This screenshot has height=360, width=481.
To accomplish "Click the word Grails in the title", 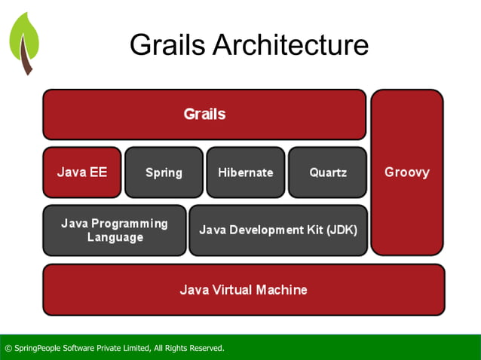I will pyautogui.click(x=167, y=45).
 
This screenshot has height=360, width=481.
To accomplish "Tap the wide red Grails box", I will pyautogui.click(x=204, y=114).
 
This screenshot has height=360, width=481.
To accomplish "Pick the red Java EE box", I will pyautogui.click(x=81, y=172).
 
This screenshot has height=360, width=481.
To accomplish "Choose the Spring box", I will pyautogui.click(x=164, y=172).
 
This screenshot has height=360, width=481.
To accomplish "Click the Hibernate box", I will pyautogui.click(x=245, y=172).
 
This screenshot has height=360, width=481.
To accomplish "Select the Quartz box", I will pyautogui.click(x=327, y=172).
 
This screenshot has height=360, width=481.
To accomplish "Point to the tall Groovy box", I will pyautogui.click(x=406, y=172).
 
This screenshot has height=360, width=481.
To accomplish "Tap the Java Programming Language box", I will pyautogui.click(x=114, y=230).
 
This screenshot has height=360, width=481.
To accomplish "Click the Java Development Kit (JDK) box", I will pyautogui.click(x=277, y=230).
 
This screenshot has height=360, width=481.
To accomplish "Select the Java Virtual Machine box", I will pyautogui.click(x=243, y=289).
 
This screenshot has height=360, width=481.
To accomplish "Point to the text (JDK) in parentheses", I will pyautogui.click(x=340, y=230).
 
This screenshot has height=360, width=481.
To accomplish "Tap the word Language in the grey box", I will pyautogui.click(x=115, y=237).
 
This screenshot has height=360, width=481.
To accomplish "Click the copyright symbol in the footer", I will pyautogui.click(x=8, y=348).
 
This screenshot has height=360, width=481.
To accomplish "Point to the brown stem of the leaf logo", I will pyautogui.click(x=27, y=60).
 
